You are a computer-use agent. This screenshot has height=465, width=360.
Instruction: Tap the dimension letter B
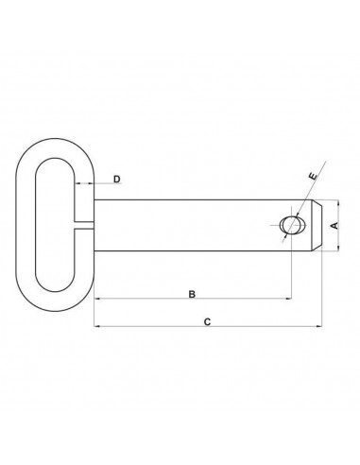[192, 295]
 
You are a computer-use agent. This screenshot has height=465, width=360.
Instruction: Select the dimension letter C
[207, 322]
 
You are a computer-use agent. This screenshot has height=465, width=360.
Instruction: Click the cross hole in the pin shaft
[293, 225]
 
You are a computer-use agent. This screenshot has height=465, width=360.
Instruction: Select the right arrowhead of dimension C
[318, 329]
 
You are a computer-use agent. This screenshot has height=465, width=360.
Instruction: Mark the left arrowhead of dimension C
[97, 329]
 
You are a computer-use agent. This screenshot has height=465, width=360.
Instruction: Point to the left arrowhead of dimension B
[97, 301]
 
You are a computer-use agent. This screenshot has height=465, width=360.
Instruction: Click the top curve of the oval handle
[56, 142]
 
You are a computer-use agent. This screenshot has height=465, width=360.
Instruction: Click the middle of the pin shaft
[189, 225]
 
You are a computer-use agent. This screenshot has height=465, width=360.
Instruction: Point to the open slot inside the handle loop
[56, 225]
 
